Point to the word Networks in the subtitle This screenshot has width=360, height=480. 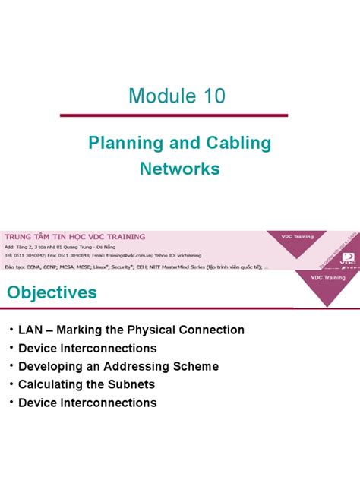pyautogui.click(x=179, y=168)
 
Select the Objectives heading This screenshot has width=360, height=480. pyautogui.click(x=52, y=292)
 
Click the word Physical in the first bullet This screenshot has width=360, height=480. pyautogui.click(x=163, y=330)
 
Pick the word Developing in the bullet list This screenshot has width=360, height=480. pyautogui.click(x=51, y=366)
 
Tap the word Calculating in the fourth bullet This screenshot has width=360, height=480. pyautogui.click(x=50, y=384)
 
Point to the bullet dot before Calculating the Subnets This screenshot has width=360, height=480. pyautogui.click(x=10, y=385)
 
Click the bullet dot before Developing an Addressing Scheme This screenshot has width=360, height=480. pyautogui.click(x=10, y=367)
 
